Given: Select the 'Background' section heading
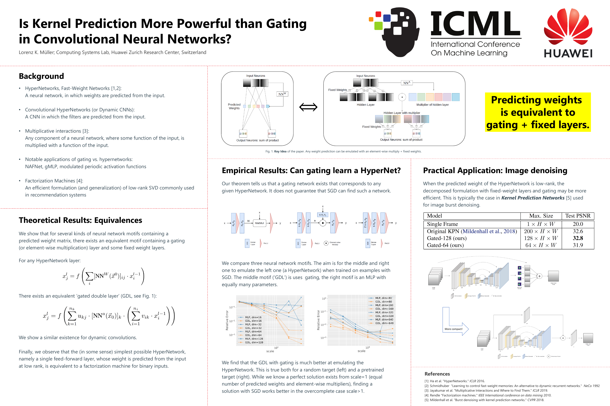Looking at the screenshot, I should point(41,76).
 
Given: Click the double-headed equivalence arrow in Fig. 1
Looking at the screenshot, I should point(308,107).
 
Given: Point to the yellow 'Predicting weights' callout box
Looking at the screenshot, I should point(538,112).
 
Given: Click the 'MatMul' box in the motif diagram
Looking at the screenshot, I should point(259,223).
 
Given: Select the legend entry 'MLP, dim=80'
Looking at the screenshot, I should point(383,298).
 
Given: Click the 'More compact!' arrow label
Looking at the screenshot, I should point(453,329).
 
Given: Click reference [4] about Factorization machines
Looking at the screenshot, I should point(488,395).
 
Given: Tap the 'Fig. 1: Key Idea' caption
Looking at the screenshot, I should point(343,151).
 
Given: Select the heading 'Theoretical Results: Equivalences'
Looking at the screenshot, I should point(80,220).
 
